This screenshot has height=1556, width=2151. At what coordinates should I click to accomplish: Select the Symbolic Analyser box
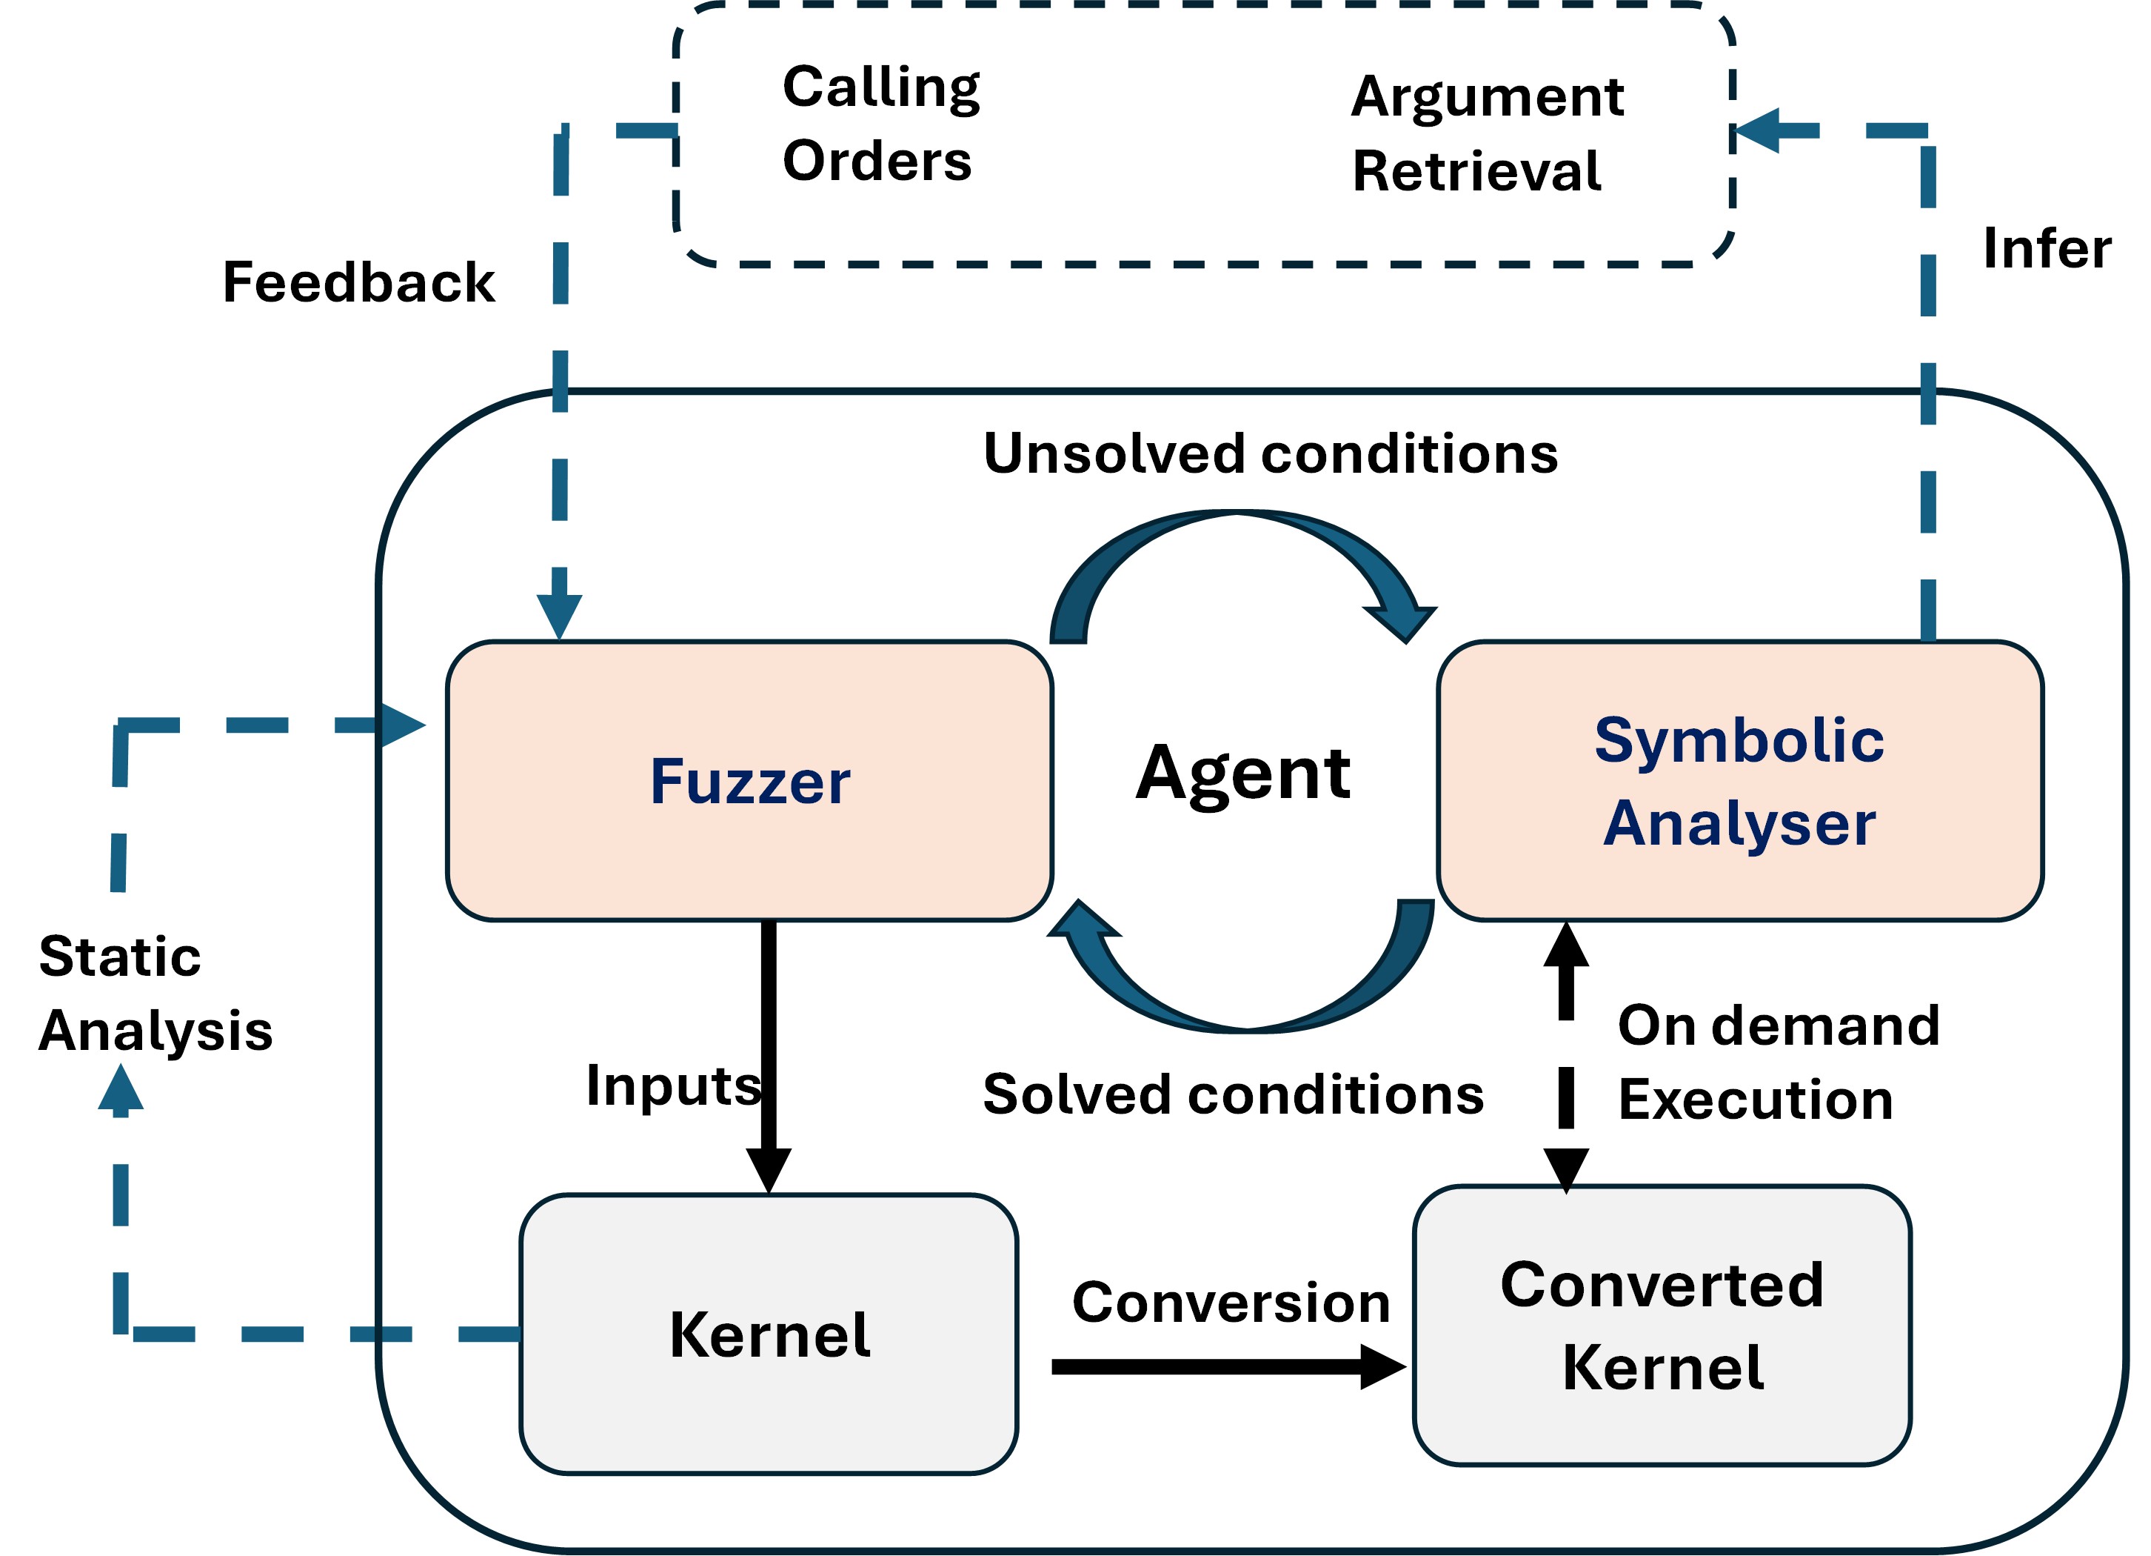pos(1739,780)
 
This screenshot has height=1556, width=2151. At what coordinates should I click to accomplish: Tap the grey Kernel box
pos(769,1333)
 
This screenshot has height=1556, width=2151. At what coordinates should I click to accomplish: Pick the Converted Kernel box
pos(1662,1325)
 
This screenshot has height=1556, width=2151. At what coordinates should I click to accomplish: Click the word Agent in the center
pos(1242,774)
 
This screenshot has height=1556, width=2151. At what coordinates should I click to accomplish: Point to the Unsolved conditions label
pos(1270,453)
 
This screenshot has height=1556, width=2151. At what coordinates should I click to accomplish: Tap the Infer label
pos(2047,247)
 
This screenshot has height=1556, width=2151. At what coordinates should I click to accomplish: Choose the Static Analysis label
pos(155,992)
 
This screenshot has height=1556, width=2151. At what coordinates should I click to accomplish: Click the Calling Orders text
pos(880,123)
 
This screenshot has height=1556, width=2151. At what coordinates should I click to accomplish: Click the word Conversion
pos(1230,1302)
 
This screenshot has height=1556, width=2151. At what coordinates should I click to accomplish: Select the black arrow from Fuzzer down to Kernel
pos(769,1044)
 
